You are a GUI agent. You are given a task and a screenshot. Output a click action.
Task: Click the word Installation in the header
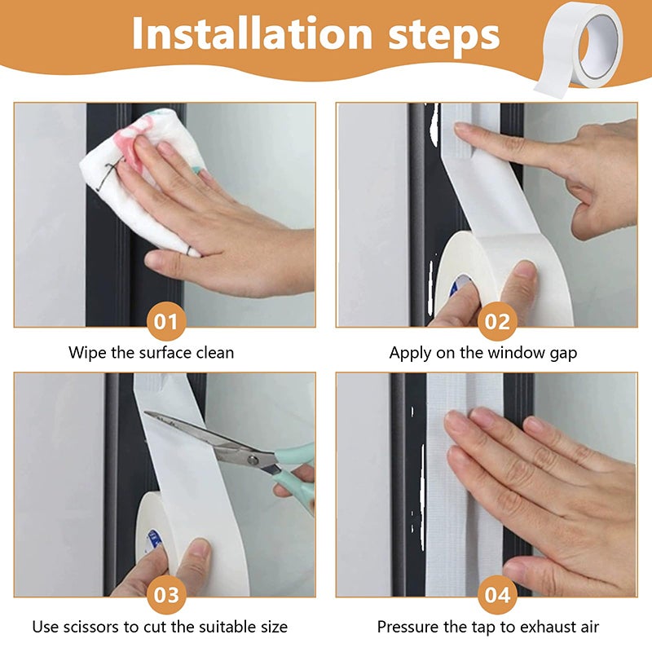tap(252, 33)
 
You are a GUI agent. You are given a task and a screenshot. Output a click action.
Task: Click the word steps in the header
tap(443, 36)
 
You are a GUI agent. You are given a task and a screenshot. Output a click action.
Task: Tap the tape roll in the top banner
tap(580, 49)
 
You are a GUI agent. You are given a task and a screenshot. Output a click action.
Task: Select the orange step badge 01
tap(166, 321)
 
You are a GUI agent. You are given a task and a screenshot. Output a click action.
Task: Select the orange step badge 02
tap(497, 321)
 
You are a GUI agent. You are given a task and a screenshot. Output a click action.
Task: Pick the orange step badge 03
tap(166, 595)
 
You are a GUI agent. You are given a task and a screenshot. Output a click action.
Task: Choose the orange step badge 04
tap(497, 595)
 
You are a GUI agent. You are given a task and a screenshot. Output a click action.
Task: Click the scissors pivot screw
tap(252, 460)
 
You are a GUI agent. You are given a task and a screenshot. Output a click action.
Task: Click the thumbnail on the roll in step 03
tap(200, 549)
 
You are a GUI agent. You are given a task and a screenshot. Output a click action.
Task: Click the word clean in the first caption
tap(214, 353)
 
